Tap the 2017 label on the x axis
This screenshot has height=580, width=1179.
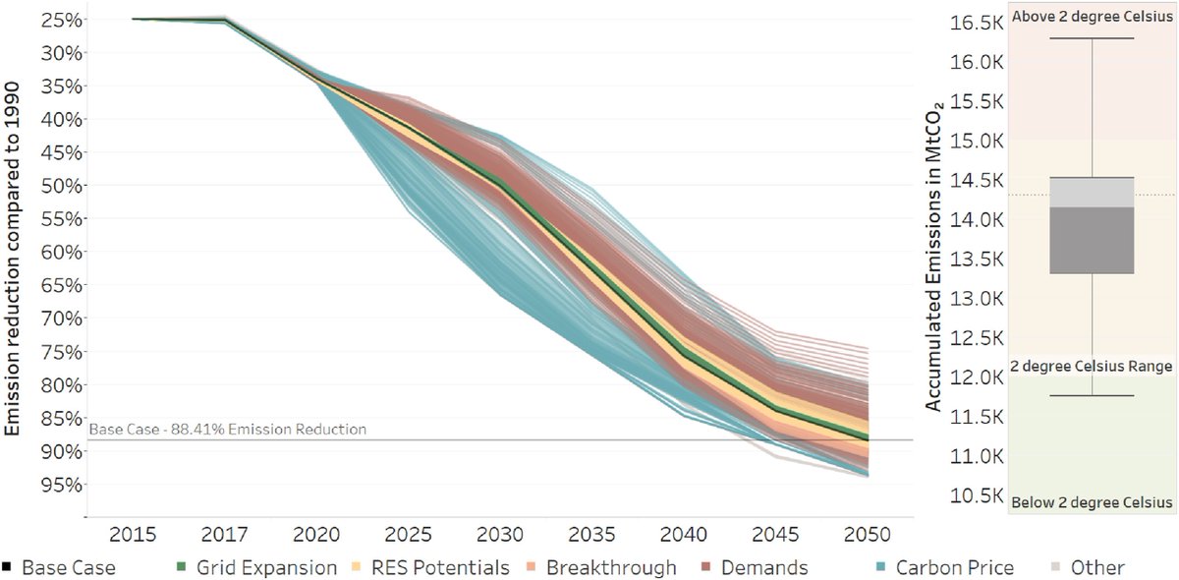pos(225,535)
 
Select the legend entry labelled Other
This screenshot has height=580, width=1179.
pos(1090,567)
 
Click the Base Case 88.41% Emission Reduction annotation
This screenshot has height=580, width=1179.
pos(227,430)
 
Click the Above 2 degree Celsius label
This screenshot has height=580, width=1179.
pos(1092,16)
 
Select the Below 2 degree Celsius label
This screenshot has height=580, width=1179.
pos(1092,503)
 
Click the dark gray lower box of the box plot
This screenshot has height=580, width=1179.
pos(1092,240)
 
